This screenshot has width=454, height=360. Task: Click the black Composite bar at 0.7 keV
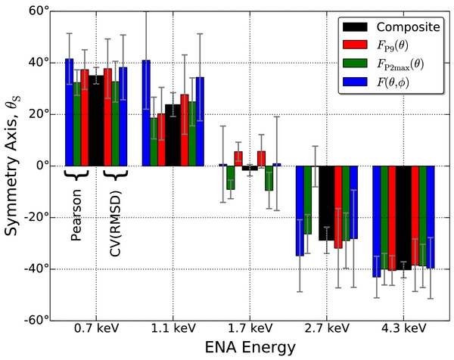(x=95, y=119)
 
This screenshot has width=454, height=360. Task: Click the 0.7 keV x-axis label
(x=95, y=328)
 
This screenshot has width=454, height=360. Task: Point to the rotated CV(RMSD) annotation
(x=117, y=214)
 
